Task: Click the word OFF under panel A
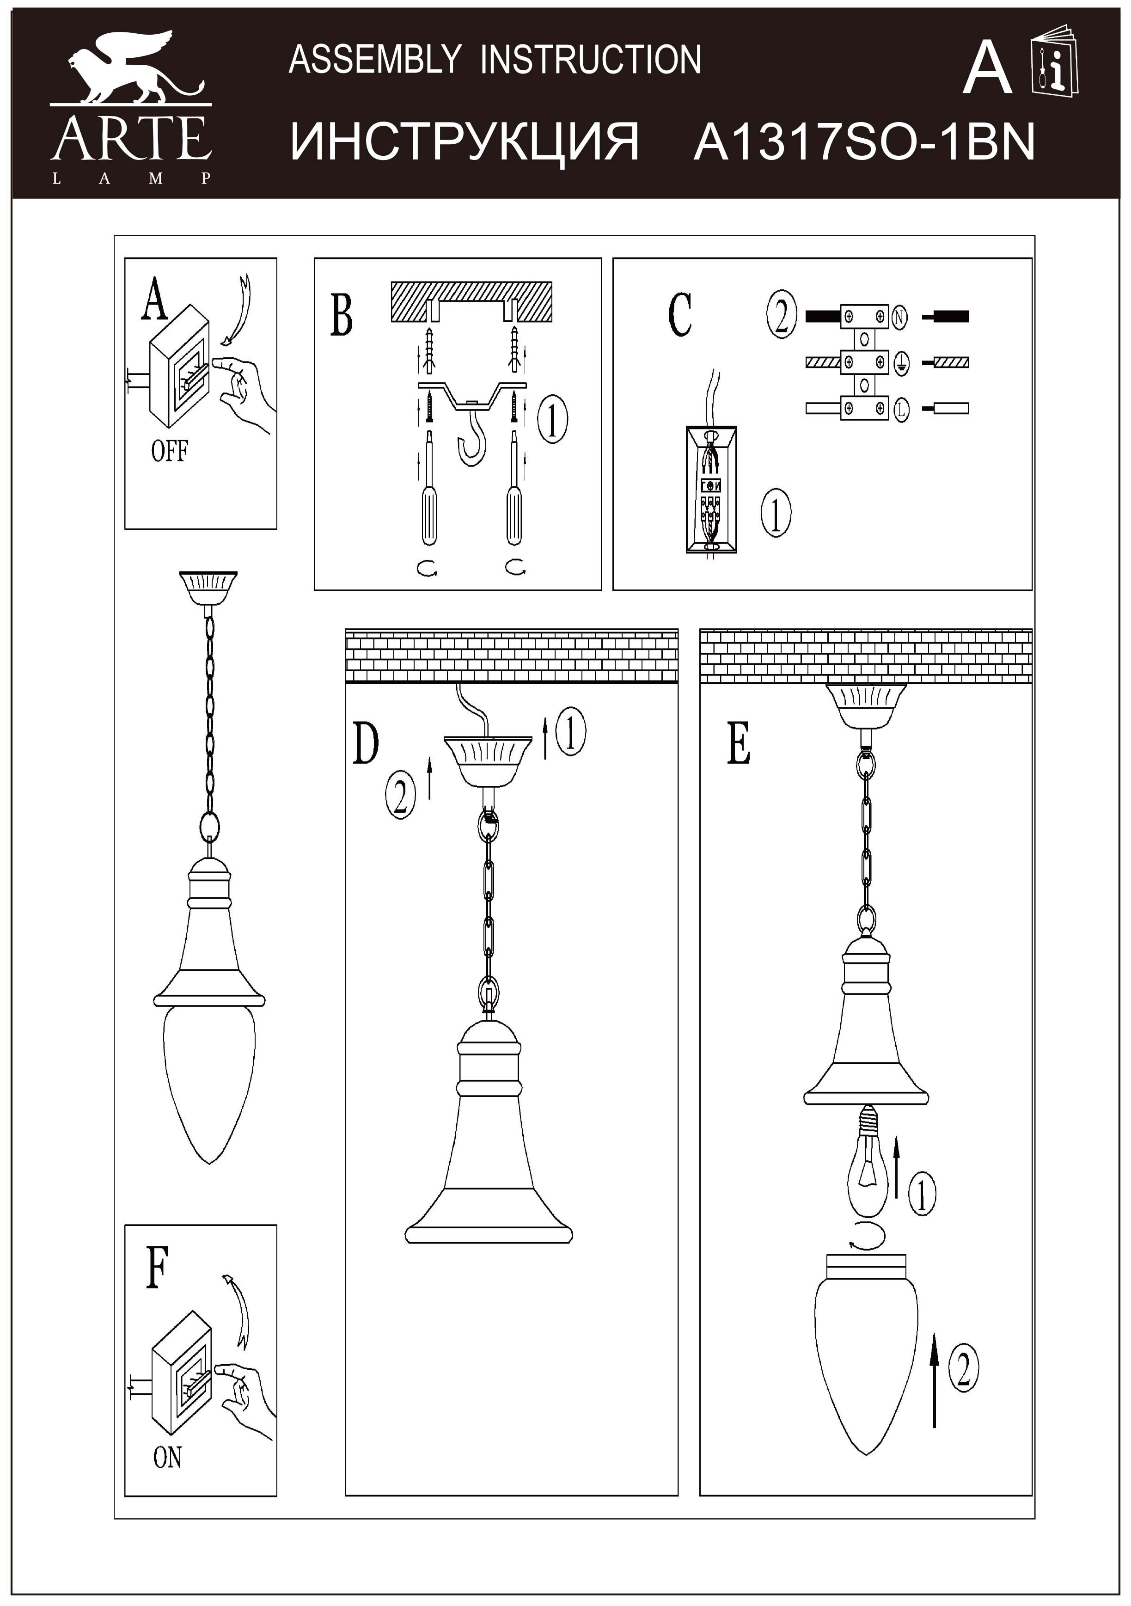tap(169, 451)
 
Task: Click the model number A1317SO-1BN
tap(864, 141)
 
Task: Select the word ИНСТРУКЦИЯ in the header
tap(465, 142)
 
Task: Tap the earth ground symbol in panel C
tap(900, 362)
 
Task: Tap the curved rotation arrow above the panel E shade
tap(867, 1238)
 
